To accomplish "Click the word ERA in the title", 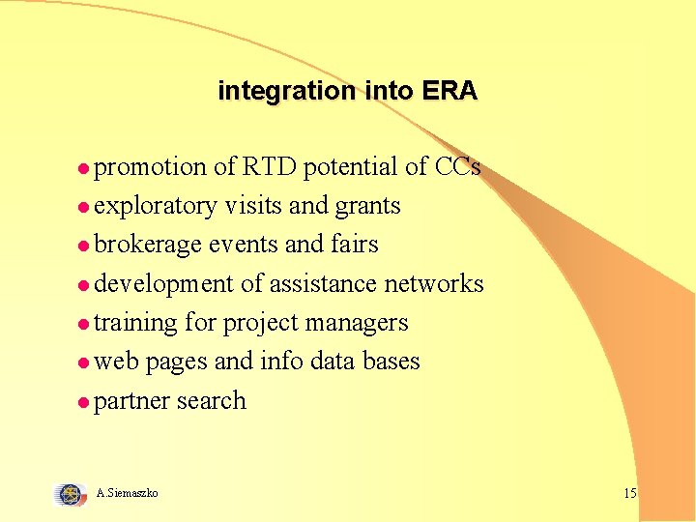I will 449,91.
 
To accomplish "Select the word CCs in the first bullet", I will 457,167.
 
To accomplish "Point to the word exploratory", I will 156,207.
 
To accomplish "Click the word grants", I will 368,207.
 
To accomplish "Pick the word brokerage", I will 149,246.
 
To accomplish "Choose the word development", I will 164,284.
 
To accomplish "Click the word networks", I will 434,283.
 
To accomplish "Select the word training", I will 135,323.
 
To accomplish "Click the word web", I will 116,362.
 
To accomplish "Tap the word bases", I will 391,362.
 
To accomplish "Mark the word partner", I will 131,401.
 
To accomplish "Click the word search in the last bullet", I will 211,400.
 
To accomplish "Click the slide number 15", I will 630,494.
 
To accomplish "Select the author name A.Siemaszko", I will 128,494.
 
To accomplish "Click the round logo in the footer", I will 71,494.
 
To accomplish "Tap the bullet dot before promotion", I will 84,169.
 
